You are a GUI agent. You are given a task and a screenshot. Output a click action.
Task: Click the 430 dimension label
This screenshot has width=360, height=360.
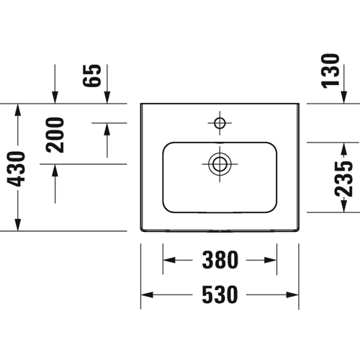coord(16,169)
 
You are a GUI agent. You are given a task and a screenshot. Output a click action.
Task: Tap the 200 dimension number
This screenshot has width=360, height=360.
coord(55,135)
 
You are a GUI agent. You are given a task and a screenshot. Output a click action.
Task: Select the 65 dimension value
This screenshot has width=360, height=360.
coord(91,76)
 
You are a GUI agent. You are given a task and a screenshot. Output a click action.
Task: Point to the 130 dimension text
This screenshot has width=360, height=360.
coord(330,71)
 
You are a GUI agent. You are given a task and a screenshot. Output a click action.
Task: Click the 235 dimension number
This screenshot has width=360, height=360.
coord(343,179)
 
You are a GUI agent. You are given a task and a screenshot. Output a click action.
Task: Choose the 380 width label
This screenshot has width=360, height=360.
coord(220,260)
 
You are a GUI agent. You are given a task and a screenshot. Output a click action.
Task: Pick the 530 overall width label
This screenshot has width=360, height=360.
coord(220,294)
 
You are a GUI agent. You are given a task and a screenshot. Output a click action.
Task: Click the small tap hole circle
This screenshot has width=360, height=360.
coord(220,123)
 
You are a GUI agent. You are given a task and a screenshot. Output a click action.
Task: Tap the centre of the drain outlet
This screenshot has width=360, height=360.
coord(220,164)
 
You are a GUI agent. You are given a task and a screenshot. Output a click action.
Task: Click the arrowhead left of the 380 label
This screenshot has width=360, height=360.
coord(169,260)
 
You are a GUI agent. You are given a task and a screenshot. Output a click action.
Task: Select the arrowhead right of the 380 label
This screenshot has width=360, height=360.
coord(271,260)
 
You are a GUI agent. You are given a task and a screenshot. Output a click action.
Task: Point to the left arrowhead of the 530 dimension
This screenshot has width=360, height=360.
coord(147,294)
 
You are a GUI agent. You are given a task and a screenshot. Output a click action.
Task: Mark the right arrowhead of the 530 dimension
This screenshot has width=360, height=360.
coord(292,294)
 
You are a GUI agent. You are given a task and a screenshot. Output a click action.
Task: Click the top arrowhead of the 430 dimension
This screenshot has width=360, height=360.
coord(18,110)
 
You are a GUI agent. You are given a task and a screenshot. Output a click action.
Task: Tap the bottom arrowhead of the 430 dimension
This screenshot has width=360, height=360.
coord(18,225)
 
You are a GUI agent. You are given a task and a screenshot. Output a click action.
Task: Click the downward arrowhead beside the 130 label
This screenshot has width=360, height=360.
coord(344,97)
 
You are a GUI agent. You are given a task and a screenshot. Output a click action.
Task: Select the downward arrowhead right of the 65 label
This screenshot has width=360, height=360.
coord(107,97)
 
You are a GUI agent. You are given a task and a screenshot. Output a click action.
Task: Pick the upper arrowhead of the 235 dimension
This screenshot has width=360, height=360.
coord(344,149)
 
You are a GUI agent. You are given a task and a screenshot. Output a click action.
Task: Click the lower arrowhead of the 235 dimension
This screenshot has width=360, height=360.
coord(344,206)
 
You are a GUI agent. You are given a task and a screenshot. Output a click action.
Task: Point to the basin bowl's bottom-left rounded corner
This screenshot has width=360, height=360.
coord(166,210)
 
